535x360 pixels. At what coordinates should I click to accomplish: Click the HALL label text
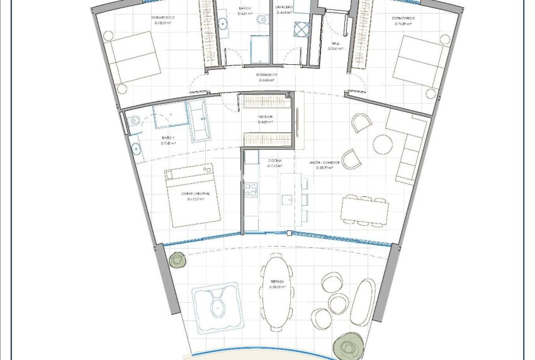point(337,45)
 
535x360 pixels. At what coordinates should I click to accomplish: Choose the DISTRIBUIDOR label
point(267,74)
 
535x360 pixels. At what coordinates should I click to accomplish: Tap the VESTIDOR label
point(265,117)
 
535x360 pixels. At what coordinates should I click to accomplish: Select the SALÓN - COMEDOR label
point(324,162)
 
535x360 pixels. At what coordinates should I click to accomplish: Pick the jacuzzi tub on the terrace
point(217,307)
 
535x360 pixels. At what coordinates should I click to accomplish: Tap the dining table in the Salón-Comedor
point(364,210)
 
